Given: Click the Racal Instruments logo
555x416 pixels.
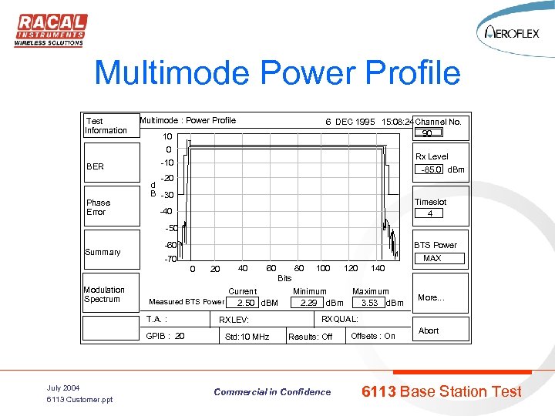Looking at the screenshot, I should point(50,30).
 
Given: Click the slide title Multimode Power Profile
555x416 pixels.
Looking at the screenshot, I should point(277,74).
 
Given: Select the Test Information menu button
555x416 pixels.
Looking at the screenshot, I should point(106,126).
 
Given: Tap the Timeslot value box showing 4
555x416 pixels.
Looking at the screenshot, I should point(430,213).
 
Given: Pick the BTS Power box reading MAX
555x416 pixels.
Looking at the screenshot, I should point(432,258).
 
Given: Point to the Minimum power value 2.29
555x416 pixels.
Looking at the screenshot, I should point(308,303).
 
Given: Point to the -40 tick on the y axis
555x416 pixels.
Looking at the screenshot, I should point(166,211).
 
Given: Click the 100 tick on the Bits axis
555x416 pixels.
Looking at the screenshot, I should point(323,268).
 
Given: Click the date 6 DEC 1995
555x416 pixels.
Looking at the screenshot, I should point(350,121).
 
